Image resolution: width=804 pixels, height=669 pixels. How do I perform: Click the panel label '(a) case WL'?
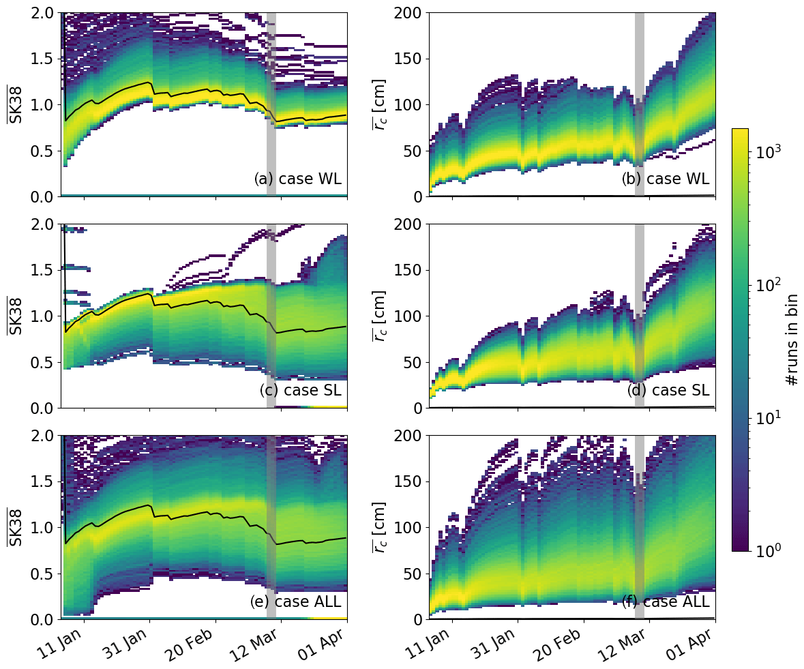coord(298,179)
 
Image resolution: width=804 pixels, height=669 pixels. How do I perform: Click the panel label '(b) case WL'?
coord(666,179)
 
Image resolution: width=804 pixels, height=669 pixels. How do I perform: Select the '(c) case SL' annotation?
coord(300,391)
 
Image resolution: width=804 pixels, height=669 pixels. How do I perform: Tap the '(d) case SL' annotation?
coord(668,391)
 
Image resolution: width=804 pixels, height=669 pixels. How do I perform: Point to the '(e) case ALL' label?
coord(296,602)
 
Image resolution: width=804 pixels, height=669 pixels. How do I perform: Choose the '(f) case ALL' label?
coord(666,602)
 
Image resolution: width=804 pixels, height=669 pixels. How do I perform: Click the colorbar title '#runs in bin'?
coord(792,340)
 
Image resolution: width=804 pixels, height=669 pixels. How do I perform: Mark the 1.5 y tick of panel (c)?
coord(43,270)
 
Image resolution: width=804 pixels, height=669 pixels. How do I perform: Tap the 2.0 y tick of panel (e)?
coord(43,435)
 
